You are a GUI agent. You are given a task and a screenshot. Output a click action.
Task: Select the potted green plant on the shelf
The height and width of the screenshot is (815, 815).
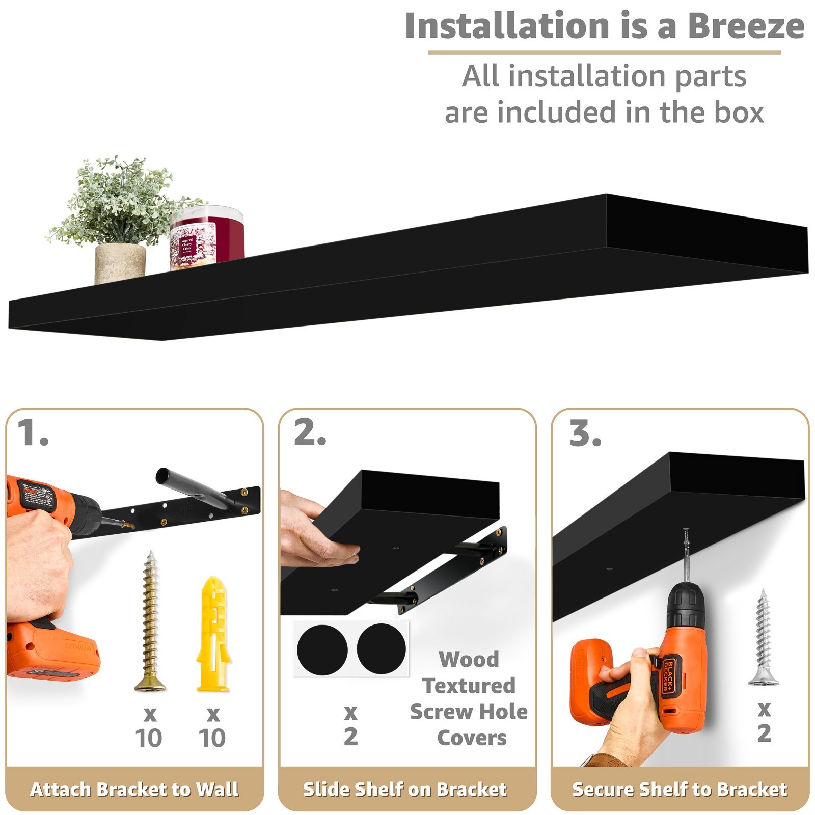coord(120,219)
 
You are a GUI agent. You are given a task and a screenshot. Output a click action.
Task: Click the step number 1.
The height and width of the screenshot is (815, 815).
coord(33,433)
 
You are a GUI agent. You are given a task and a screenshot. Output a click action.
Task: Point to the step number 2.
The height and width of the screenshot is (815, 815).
coord(310,433)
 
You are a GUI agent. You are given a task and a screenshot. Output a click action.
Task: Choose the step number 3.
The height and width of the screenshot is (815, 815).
coord(585,433)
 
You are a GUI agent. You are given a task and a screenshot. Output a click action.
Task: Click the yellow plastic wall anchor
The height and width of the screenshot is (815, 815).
coord(213,634)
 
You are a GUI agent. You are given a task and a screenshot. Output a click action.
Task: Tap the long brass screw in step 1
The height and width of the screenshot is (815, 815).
coord(150,621)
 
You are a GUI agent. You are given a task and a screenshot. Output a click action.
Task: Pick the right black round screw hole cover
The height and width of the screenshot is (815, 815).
coord(381,648)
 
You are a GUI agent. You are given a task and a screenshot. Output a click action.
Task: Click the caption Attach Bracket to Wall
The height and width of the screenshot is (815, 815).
coord(134,789)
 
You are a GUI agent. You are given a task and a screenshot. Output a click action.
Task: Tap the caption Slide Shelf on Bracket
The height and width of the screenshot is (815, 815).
coord(405,789)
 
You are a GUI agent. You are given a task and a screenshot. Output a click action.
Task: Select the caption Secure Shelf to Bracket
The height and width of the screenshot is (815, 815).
coord(680,789)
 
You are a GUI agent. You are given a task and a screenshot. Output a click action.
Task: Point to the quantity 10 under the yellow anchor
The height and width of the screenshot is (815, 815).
coord(212,737)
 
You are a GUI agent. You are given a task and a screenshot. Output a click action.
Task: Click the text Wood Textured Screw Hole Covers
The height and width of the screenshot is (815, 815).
coord(469,698)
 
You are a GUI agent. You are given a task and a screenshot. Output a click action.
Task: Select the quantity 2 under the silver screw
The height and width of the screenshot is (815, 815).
coord(764,733)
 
